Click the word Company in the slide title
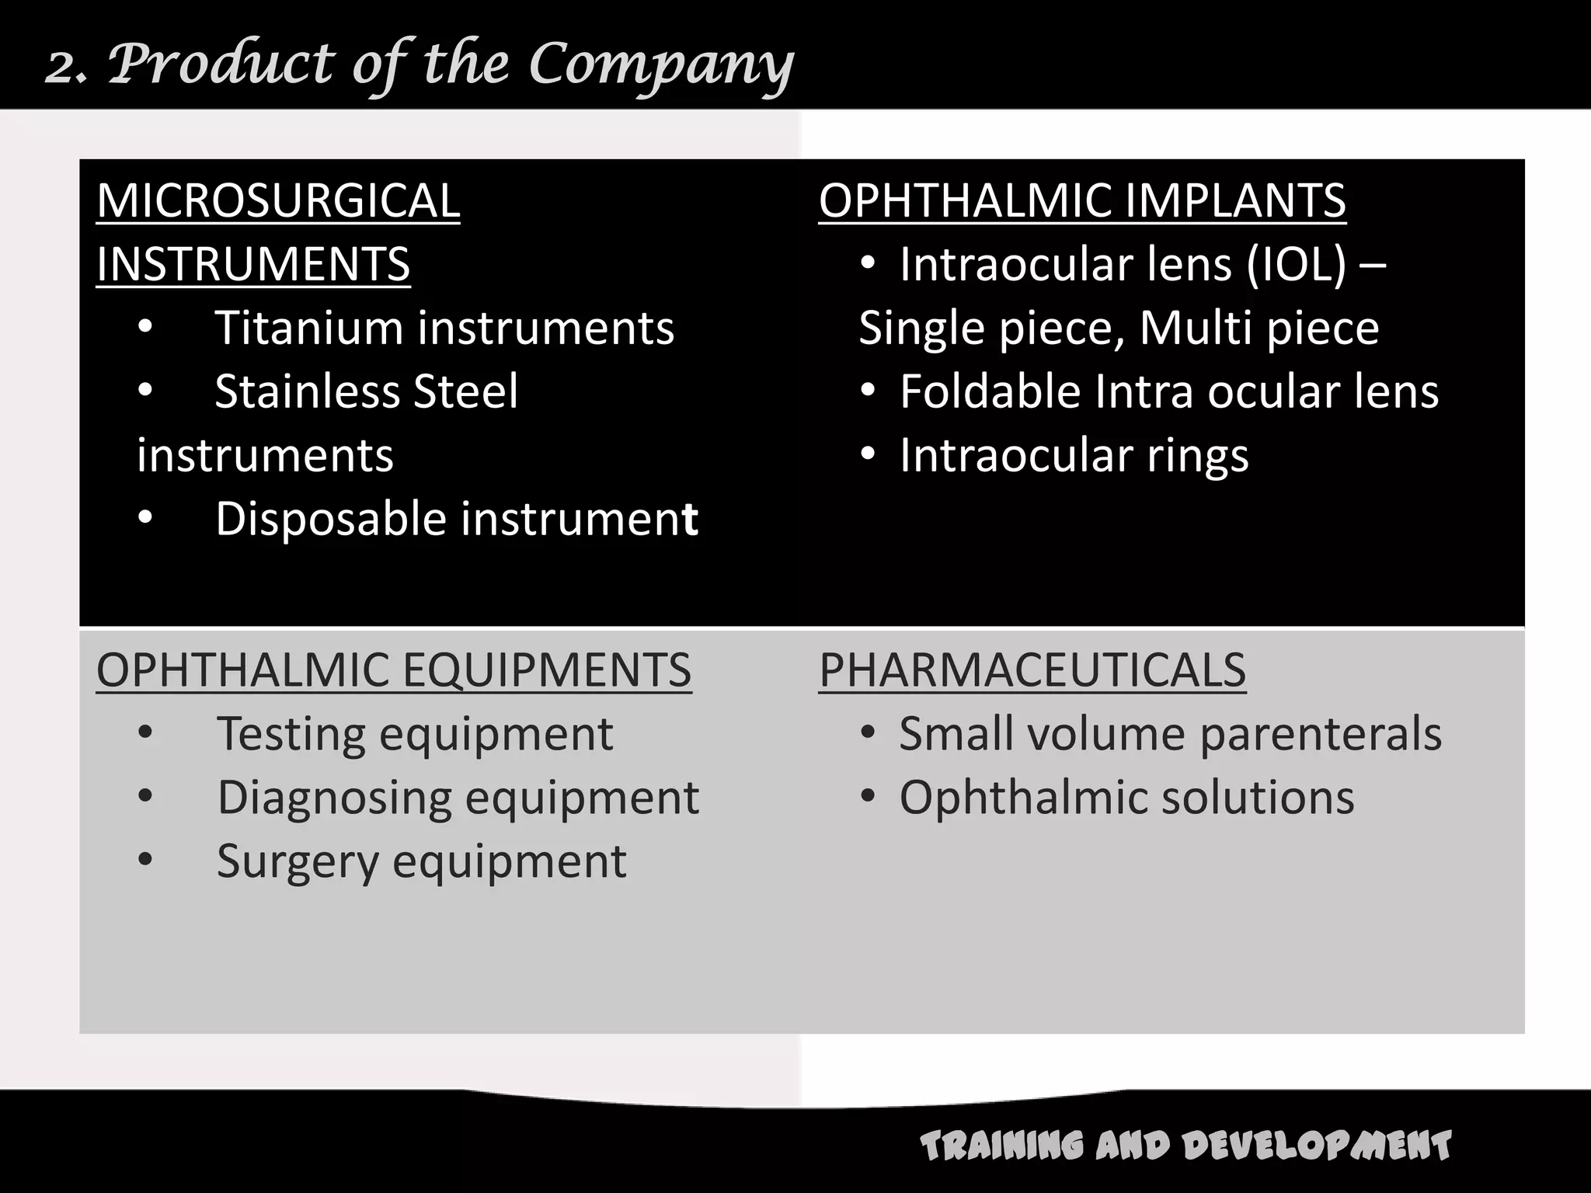660,65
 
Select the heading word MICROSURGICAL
278,200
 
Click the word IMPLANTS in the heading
1234,200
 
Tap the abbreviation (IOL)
1295,265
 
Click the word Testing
291,735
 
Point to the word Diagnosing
334,798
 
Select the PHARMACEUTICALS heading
1032,670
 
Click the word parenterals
1321,735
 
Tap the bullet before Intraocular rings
868,455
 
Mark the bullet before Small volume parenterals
868,733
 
